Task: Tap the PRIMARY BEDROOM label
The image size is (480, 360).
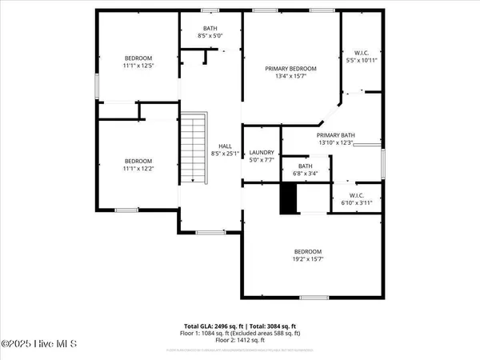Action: point(290,69)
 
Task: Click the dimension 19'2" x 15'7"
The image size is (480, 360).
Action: point(307,258)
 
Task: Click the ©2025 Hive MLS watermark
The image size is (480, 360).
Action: point(38,345)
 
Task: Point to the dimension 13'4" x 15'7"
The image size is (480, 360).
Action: point(290,76)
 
